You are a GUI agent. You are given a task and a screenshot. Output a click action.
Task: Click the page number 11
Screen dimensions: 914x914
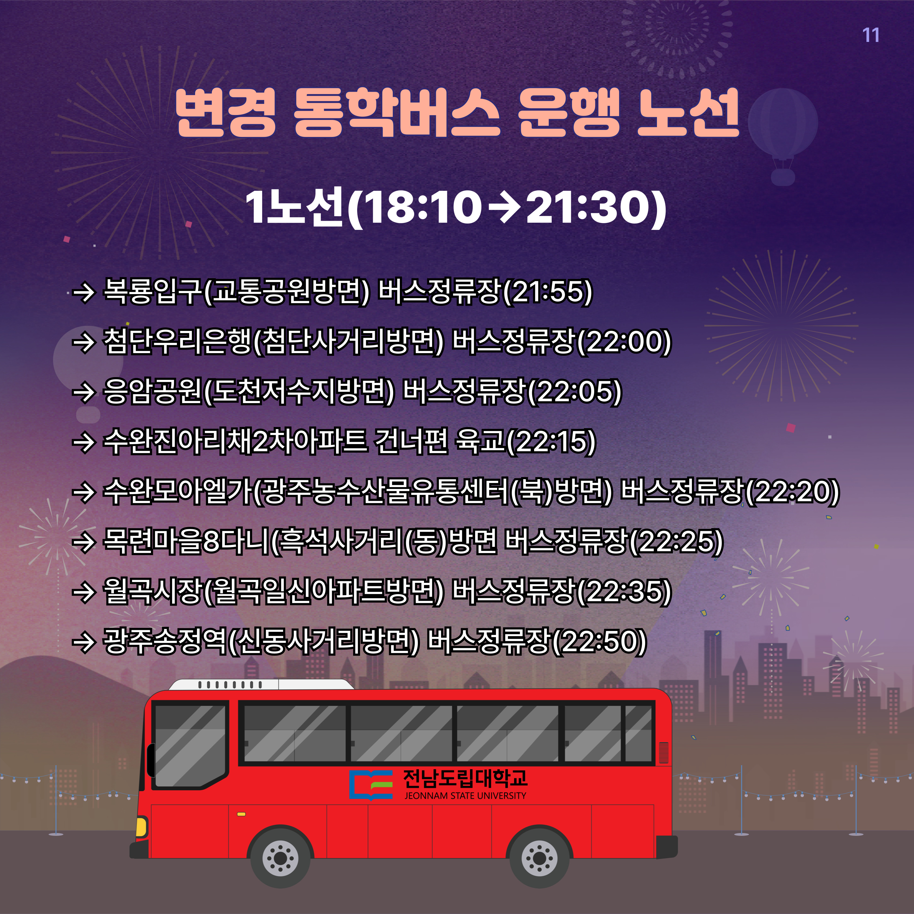click(x=870, y=35)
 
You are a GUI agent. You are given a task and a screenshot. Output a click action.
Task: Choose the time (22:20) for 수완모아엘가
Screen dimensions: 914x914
click(x=793, y=492)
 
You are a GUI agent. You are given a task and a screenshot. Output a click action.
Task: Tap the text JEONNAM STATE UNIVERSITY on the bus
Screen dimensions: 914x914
click(x=465, y=796)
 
